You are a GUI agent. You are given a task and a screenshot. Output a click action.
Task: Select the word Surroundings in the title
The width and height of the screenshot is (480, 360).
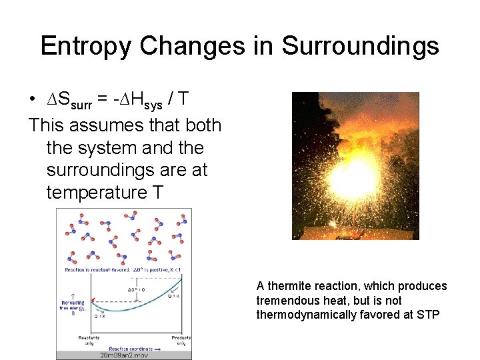360,46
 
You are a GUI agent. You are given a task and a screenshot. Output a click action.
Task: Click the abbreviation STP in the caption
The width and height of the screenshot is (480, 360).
427,315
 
